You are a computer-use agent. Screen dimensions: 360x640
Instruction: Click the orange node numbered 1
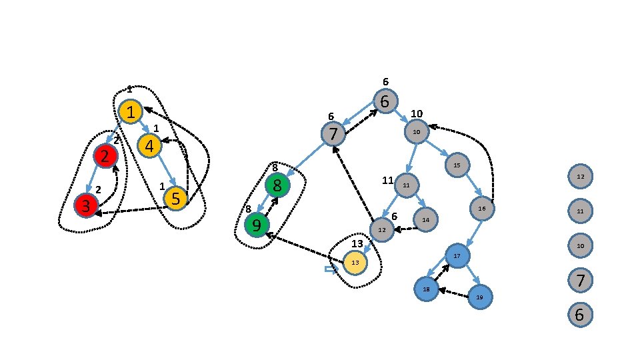pos(132,112)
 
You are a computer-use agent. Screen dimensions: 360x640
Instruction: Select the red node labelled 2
pos(105,156)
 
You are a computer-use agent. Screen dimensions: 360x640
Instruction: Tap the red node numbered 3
pos(86,205)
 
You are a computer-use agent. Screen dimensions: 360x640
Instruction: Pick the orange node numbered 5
pos(175,198)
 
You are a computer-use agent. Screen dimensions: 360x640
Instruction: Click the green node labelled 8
pos(277,185)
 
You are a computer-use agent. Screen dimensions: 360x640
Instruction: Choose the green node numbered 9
pos(257,225)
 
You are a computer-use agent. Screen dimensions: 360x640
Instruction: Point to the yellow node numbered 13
pos(355,263)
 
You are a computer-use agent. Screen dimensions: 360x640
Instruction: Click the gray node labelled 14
pos(425,219)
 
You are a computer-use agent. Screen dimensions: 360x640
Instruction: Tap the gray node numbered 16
pos(481,209)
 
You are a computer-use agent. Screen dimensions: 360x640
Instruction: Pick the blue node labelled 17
pos(457,256)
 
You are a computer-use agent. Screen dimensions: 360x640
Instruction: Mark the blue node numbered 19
pos(479,297)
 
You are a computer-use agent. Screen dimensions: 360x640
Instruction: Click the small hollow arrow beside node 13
pos(329,269)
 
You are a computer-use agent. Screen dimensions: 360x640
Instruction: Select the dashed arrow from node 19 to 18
pos(453,293)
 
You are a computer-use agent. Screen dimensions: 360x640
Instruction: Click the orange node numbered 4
pos(149,146)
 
